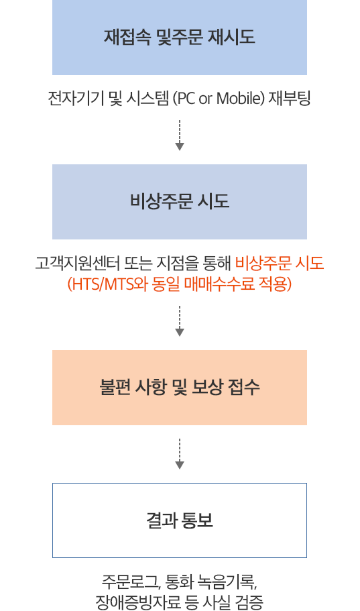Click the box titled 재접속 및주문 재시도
[180, 38]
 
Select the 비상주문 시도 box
[180, 202]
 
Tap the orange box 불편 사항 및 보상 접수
[180, 388]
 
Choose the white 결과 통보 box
[180, 520]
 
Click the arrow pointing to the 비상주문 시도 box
[180, 135]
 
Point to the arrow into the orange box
[180, 321]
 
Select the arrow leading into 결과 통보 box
[180, 454]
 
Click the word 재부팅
[289, 98]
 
